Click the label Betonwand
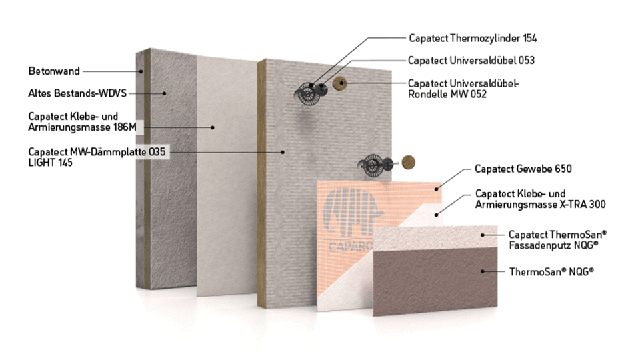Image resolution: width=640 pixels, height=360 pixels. coord(54,71)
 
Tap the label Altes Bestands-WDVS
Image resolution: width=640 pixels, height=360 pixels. coord(77,93)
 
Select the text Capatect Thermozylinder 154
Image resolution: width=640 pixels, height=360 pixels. coord(473,39)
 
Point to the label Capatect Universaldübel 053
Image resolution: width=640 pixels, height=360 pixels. coord(471,61)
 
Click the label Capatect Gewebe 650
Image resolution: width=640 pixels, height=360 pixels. coord(523,169)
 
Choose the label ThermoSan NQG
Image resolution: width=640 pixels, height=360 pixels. coord(551,272)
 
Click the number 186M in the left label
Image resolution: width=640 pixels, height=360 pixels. coord(125,127)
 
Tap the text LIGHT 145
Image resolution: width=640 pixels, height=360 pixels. coord(50,163)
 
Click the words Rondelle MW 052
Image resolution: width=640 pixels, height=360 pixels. coord(447,94)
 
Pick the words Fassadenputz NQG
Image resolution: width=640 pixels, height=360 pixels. coord(553,245)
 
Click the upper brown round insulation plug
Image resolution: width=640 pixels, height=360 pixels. coord(339,84)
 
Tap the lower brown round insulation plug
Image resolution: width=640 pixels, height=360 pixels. coord(408,162)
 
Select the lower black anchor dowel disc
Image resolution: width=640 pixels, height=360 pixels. coord(372,165)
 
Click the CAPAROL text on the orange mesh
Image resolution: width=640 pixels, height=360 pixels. coord(351,247)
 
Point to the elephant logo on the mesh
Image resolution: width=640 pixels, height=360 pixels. coord(353,212)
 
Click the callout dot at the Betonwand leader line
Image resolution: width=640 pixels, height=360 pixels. coord(141,71)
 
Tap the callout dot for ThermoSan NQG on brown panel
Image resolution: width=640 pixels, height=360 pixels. coord(483,271)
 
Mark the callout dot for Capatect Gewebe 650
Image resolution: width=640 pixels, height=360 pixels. coord(436,189)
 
